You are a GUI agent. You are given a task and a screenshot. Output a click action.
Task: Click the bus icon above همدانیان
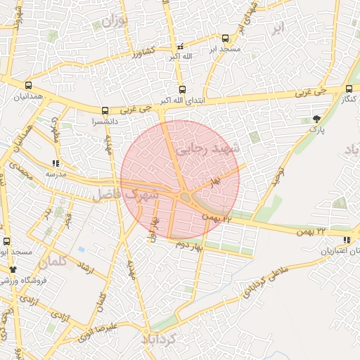point(27,85)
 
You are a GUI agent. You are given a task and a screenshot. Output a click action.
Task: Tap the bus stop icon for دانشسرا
point(105,110)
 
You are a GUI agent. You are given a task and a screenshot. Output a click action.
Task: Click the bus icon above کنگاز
point(349,89)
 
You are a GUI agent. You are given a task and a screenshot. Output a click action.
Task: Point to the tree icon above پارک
point(316,119)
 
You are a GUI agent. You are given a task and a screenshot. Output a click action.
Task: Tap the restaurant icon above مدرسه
point(56,163)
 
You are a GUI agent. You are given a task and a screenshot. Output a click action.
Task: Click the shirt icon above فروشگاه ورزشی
point(12,269)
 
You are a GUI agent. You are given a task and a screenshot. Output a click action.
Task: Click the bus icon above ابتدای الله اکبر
point(182,89)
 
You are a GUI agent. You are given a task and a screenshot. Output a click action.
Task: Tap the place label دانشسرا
point(84,121)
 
